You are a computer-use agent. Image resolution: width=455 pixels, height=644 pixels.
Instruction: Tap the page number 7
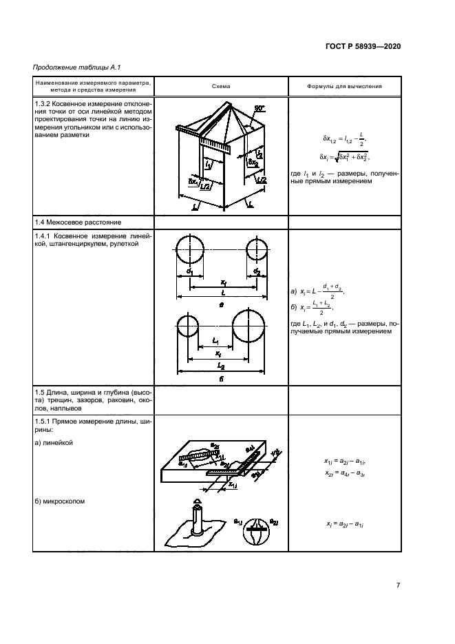coord(398,585)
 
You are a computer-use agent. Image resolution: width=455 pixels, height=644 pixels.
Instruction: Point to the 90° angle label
coord(258,109)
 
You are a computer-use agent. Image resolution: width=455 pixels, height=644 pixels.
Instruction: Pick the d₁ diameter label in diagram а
coord(188,273)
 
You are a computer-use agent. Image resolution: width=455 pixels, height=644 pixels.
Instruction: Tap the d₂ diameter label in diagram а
coord(255,273)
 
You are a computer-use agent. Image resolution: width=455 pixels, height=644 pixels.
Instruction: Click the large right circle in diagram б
coord(248,327)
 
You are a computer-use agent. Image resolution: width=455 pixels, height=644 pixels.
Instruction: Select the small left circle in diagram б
coord(188,324)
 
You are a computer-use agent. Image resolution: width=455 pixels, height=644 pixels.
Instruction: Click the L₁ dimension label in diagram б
coord(215,340)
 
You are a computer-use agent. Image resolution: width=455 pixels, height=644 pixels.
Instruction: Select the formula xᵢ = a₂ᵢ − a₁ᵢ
coord(345,525)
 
